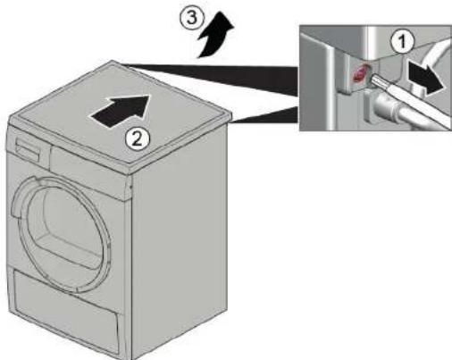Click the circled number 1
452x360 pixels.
pos(402,42)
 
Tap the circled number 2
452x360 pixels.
pos(137,139)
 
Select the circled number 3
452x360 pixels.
pos(192,17)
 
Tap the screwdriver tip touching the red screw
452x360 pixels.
pos(371,79)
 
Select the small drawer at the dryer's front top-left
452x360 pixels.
pos(29,149)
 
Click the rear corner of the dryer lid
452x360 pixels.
pos(113,61)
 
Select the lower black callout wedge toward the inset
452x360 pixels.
pos(266,115)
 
